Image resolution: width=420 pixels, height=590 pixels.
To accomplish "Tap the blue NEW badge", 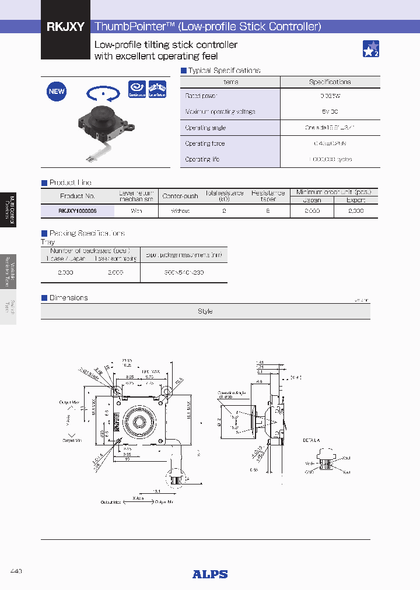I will (x=57, y=92).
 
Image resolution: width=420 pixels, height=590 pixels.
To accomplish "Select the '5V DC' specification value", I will (x=330, y=111).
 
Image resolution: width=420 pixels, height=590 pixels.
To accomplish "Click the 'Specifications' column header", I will (x=330, y=82).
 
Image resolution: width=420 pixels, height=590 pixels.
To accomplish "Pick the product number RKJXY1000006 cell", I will (x=78, y=211).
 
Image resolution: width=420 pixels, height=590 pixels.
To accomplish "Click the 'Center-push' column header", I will (x=180, y=196).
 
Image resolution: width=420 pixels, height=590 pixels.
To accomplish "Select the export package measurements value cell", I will (x=183, y=272).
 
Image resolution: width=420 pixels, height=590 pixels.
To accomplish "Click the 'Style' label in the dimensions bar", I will (x=205, y=311).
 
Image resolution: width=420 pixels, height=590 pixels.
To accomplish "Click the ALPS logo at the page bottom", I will (x=210, y=574).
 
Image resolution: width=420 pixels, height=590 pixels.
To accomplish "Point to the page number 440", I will (x=16, y=571).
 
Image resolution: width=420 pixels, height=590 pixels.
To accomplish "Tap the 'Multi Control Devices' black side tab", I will (x=8, y=209).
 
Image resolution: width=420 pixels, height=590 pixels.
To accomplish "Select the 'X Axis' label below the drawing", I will (x=138, y=498).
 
